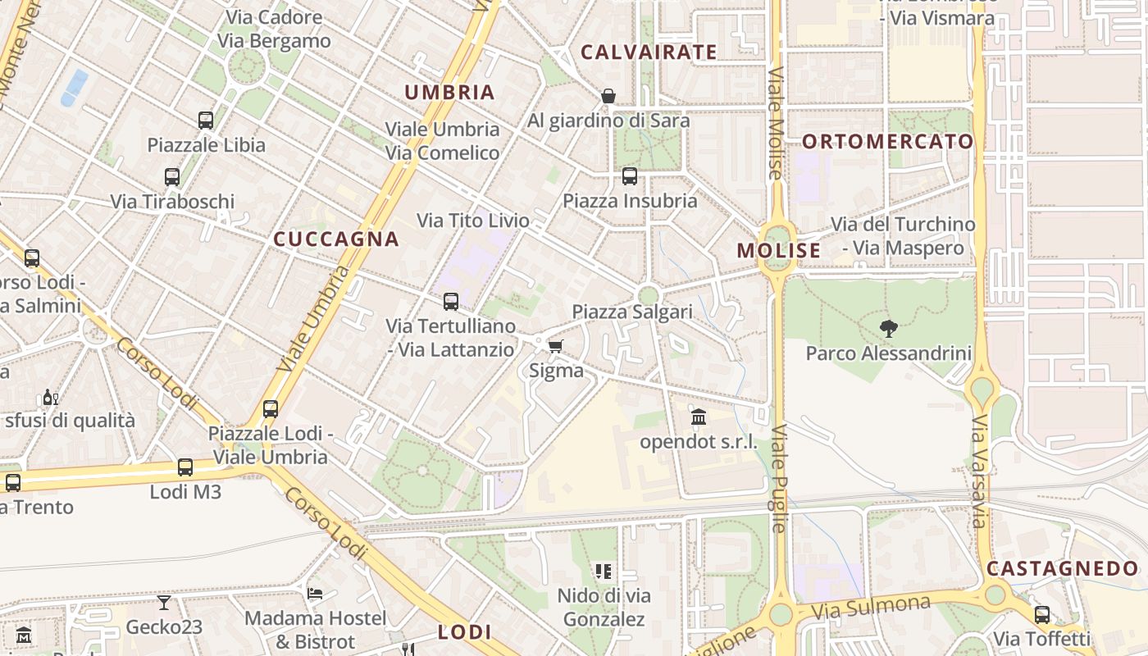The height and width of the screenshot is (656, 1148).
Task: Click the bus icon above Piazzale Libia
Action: coord(206,121)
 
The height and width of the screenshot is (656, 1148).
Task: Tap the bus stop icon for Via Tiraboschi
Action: coord(172,176)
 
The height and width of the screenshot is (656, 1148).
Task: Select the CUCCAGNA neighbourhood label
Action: coord(336,239)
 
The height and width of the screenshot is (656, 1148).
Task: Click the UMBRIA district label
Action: coord(450,93)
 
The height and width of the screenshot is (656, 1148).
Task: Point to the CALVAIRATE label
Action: coord(649,52)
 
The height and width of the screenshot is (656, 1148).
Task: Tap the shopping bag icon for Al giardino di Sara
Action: coord(608,96)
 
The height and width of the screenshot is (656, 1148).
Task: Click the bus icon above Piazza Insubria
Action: coord(630,175)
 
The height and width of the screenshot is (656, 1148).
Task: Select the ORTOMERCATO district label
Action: coord(888,142)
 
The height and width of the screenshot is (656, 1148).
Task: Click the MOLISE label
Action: coord(778,251)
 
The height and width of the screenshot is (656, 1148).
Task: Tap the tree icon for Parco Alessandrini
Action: coord(888,329)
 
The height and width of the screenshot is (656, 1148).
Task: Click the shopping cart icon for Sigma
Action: coord(556,346)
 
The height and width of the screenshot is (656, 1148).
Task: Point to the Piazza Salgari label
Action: coord(632,312)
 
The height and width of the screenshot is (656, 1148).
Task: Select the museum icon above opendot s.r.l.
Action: coord(698,417)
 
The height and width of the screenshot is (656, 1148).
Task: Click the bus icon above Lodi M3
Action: coord(185,467)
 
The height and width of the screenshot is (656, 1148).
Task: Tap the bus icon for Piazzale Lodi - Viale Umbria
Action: coord(271,408)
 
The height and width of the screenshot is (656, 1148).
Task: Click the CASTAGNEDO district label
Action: coord(1062,568)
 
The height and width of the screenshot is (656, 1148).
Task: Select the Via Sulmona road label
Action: coord(872,608)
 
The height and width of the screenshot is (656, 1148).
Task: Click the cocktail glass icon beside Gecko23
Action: coord(164,603)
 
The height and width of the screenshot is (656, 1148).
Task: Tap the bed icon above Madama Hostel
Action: coord(315,593)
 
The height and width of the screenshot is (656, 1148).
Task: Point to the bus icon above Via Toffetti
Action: coord(1042,614)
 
